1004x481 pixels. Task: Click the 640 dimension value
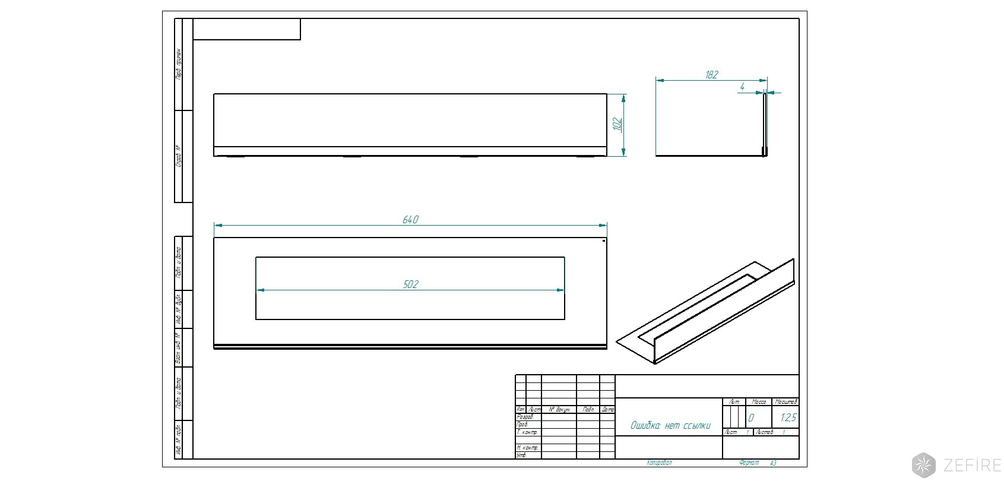pos(410,220)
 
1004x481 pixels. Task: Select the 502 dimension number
pos(410,284)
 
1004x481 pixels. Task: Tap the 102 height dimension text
pos(617,125)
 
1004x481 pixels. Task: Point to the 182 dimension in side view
pos(711,75)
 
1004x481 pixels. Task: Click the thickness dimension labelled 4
pos(742,87)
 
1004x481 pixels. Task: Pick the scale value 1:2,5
pos(788,418)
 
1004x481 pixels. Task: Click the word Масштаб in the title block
pos(787,402)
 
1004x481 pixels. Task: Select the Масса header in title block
pos(759,402)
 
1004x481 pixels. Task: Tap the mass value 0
pos(751,418)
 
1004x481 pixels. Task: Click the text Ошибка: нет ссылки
pos(670,425)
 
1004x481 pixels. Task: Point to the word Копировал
pos(659,463)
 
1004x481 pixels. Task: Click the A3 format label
pos(773,463)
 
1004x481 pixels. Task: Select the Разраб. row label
pos(525,417)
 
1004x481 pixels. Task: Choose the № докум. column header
pos(559,410)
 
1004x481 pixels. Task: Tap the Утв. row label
pos(522,455)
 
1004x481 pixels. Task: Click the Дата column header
pos(608,410)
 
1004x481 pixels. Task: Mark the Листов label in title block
pos(765,432)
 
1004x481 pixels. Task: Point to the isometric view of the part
pos(707,312)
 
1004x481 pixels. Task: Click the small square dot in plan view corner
pos(604,241)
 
